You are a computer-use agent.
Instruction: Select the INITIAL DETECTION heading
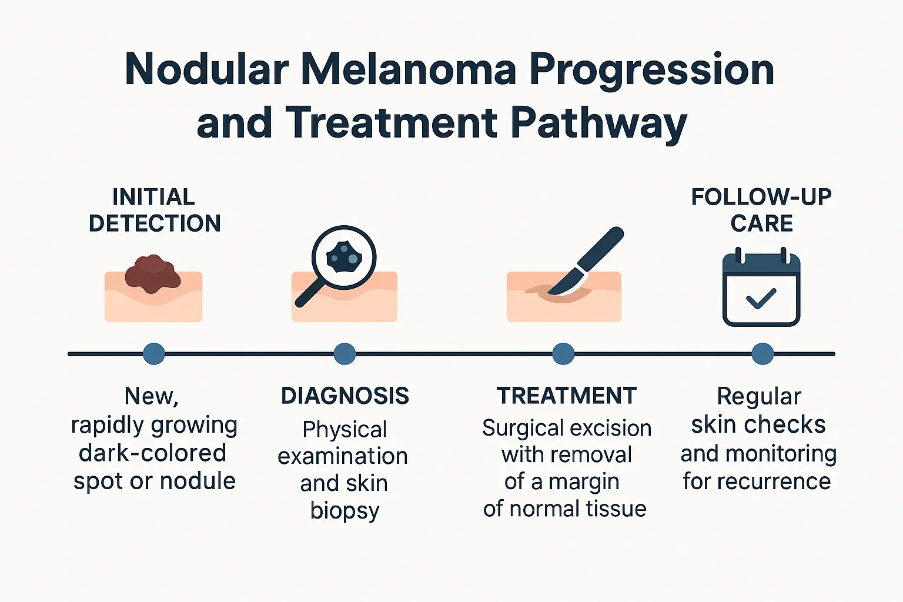point(154,210)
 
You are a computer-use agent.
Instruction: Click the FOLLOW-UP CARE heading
point(761,210)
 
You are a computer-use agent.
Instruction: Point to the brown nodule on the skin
point(153,273)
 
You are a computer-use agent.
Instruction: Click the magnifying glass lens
point(344,257)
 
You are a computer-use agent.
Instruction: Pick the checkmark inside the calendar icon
point(761,299)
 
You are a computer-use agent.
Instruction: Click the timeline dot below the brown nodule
point(154,354)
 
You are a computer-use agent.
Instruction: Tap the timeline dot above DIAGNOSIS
point(345,354)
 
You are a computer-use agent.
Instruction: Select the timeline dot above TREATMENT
point(563,354)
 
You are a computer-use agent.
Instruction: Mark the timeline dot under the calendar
point(762,354)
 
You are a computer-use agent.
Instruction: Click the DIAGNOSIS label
point(345,396)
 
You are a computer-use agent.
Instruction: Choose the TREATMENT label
point(567,396)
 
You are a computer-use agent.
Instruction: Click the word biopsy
point(345,510)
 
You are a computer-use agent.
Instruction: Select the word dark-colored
point(153,453)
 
